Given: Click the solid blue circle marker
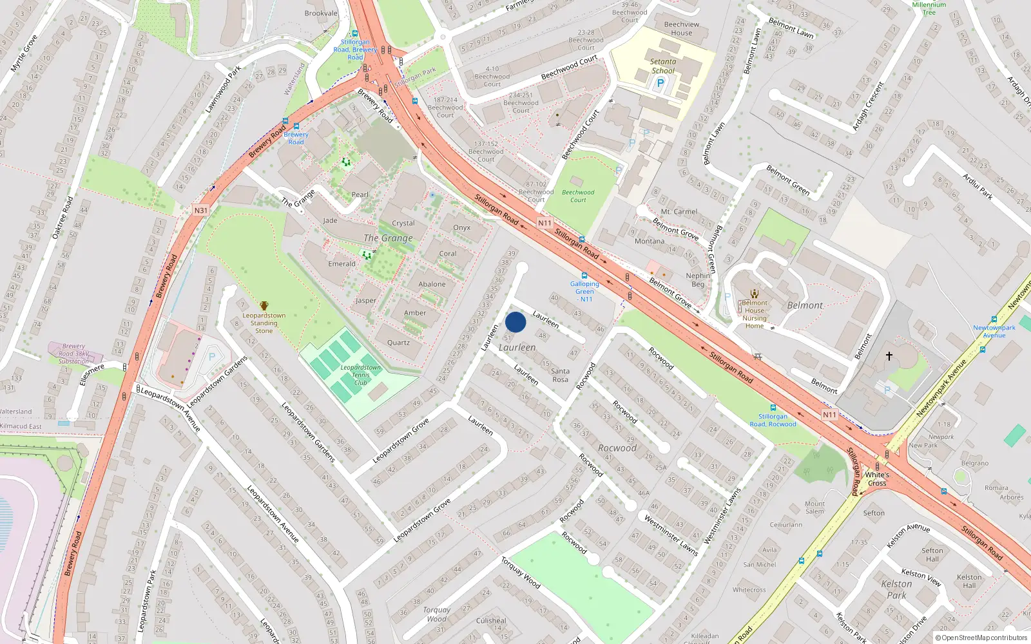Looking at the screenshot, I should tap(515, 322).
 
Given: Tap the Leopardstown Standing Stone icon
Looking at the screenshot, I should tap(264, 305).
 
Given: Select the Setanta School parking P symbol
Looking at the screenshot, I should tap(660, 83).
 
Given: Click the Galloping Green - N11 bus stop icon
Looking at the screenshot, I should tap(584, 276).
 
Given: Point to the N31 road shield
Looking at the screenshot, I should tap(201, 211).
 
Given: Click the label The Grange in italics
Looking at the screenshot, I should tap(388, 238).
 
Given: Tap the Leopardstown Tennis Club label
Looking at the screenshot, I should tap(360, 375).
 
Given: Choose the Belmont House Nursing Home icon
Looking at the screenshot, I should tap(755, 294).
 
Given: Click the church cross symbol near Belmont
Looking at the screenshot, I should tap(889, 355).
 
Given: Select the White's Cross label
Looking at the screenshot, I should tap(877, 479).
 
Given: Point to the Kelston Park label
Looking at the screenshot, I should tap(896, 589).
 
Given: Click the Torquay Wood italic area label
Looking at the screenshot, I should tap(436, 614).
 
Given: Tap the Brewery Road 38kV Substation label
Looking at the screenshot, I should tap(74, 354).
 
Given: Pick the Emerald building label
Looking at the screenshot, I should tap(342, 264).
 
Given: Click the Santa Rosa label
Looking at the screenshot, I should tap(560, 375).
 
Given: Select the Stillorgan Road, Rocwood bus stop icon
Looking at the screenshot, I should tap(773, 408).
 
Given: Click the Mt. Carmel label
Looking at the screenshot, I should tap(679, 211).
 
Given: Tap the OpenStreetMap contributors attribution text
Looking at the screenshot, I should tap(985, 638).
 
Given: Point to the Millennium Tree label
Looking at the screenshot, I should tap(929, 8).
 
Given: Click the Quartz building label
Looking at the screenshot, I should tap(398, 343).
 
